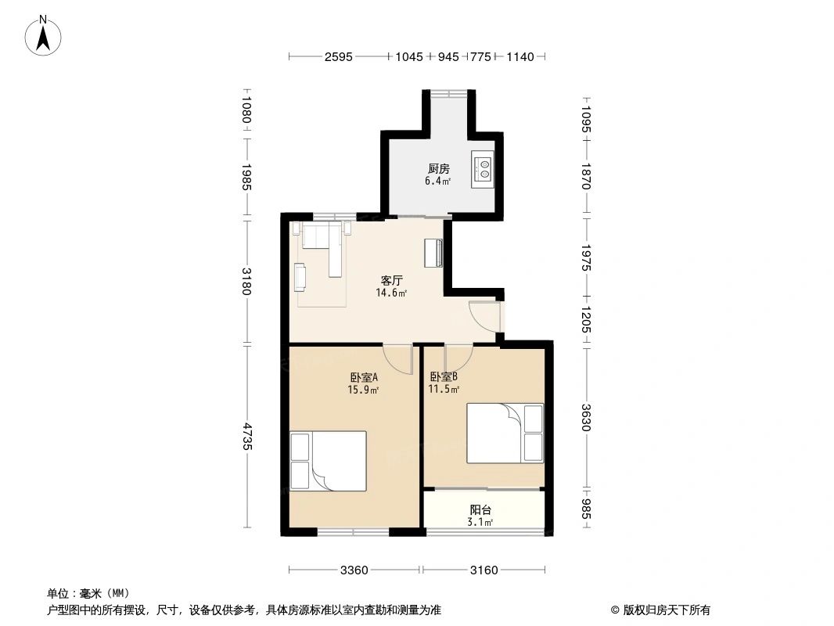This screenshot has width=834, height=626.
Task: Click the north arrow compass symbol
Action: (43, 36)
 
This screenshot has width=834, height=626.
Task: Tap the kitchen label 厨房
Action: (438, 168)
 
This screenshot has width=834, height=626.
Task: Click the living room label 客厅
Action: (391, 280)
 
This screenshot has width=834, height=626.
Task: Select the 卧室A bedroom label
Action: (364, 378)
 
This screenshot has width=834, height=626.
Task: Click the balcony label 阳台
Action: (480, 510)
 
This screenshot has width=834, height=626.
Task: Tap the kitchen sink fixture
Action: (483, 169)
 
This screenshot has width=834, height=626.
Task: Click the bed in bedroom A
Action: (328, 461)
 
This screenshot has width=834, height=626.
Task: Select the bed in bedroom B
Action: (505, 434)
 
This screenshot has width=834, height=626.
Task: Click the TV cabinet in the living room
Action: (433, 253)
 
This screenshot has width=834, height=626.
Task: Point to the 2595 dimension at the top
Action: (339, 56)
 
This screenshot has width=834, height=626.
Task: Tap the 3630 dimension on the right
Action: (586, 418)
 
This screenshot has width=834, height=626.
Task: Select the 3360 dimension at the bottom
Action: (354, 570)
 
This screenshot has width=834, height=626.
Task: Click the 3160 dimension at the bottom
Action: (484, 570)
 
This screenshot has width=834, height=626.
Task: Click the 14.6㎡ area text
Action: (391, 293)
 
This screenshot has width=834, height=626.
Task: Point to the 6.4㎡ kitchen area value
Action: (438, 181)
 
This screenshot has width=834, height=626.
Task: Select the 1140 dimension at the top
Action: (520, 56)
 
